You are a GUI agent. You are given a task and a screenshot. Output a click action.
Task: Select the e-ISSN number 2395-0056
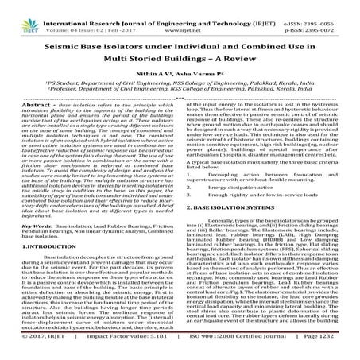pyautogui.click(x=329, y=6)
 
